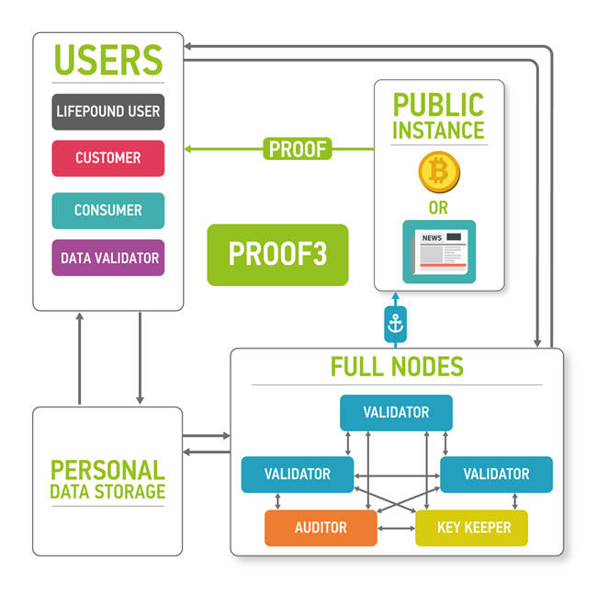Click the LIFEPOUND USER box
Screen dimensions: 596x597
point(108,111)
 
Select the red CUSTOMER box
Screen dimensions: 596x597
point(108,158)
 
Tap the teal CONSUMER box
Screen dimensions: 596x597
point(108,211)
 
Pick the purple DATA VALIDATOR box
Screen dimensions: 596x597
point(108,258)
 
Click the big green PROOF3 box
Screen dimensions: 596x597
point(277,255)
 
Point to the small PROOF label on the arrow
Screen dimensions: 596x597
point(298,148)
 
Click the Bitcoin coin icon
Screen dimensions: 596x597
point(438,171)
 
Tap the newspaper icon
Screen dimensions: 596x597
point(438,250)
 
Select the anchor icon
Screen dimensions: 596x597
point(395,323)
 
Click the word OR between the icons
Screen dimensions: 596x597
point(438,209)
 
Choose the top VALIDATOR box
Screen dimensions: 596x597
point(396,413)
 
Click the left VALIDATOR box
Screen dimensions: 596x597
point(297,475)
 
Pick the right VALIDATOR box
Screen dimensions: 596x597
point(496,475)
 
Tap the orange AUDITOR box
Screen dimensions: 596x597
point(321,528)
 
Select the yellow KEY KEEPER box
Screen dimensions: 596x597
point(472,528)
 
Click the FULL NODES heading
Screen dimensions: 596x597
point(397,367)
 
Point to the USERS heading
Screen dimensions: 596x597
point(108,59)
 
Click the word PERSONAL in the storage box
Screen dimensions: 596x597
point(107,470)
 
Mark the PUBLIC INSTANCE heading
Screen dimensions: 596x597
point(438,117)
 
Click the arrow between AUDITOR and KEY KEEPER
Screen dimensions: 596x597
point(396,529)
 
